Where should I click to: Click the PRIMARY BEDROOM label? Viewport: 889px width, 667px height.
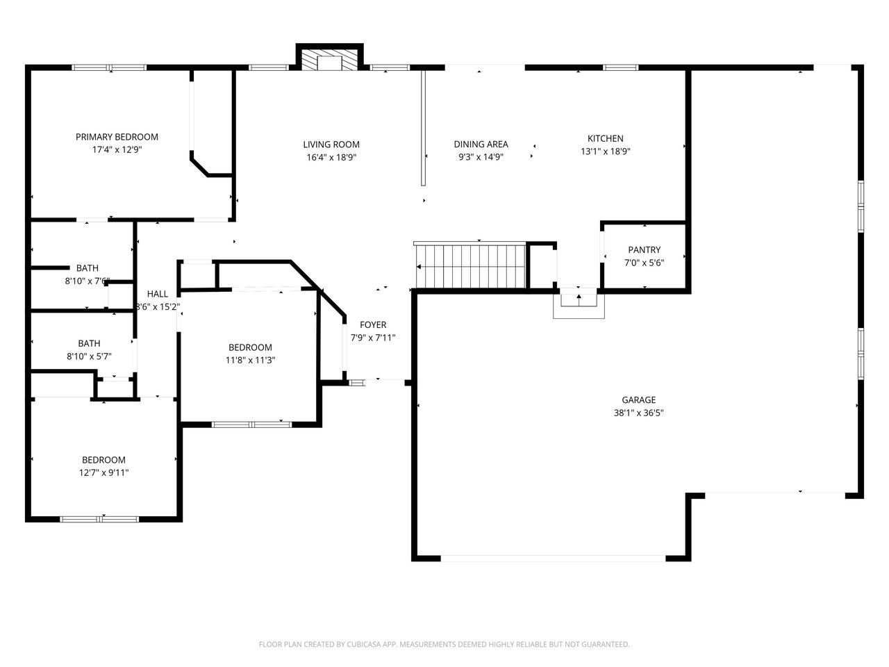pos(117,137)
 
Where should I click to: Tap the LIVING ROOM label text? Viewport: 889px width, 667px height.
pos(331,145)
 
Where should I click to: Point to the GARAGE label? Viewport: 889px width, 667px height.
pos(638,400)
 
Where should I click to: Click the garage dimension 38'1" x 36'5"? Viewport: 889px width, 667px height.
pos(638,413)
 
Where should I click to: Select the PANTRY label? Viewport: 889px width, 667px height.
pos(644,250)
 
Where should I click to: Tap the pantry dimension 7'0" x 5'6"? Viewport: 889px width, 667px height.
pos(644,263)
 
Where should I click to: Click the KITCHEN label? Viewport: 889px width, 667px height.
pos(605,138)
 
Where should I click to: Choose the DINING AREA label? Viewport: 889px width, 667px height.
pos(481,144)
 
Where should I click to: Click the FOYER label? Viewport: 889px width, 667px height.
pos(373,324)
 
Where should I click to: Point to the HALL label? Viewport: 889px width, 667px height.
pos(158,294)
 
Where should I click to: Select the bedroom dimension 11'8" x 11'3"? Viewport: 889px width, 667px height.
pos(250,360)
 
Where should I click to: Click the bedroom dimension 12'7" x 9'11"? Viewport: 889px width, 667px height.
pos(103,472)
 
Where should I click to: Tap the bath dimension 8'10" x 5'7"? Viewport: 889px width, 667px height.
pos(89,356)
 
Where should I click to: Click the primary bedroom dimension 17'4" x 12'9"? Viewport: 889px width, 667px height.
pos(117,149)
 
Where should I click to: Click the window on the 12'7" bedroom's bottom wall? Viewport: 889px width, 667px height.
pos(99,518)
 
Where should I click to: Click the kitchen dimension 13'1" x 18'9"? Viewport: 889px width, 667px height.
pos(605,151)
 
